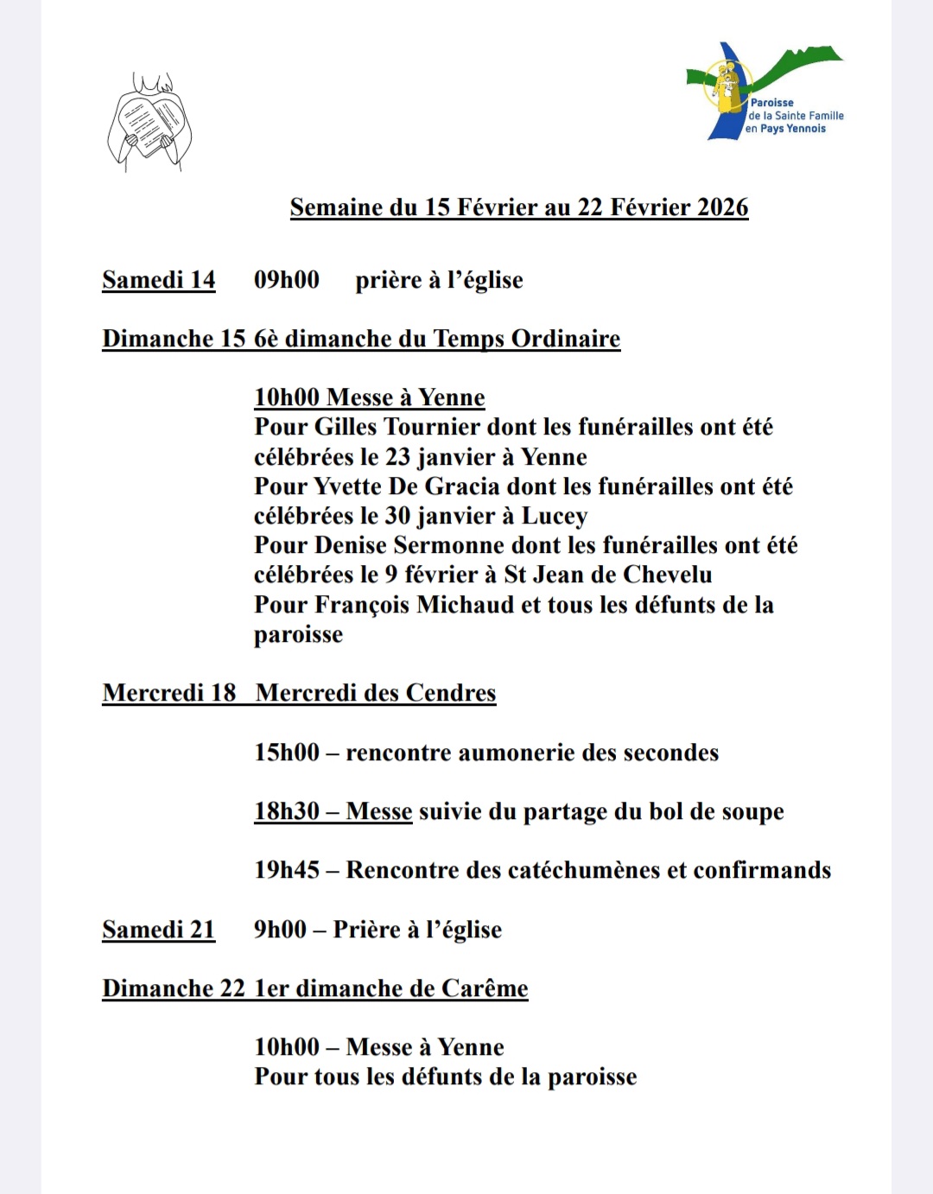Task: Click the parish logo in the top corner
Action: pyautogui.click(x=765, y=92)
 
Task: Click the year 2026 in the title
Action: pyautogui.click(x=722, y=207)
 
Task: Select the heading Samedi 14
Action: pyautogui.click(x=158, y=280)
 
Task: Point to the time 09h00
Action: pyautogui.click(x=286, y=280)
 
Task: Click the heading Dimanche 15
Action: pyautogui.click(x=174, y=339)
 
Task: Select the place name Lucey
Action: pyautogui.click(x=554, y=516)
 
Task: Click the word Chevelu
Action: pyautogui.click(x=668, y=575)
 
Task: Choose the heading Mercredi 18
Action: pyautogui.click(x=168, y=693)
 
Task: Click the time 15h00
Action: pyautogui.click(x=286, y=753)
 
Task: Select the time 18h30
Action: pyautogui.click(x=286, y=811)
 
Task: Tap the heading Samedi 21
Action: pyautogui.click(x=158, y=930)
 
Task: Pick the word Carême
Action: pyautogui.click(x=484, y=988)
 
